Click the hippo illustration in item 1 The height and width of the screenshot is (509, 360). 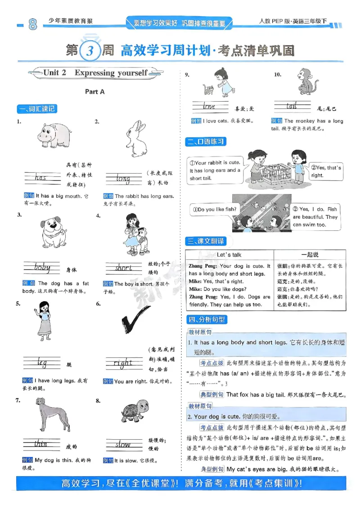[x=54, y=134]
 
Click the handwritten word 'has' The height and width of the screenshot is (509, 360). [x=40, y=178]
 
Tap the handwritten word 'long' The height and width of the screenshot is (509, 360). [x=123, y=179]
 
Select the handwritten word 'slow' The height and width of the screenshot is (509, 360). [x=123, y=445]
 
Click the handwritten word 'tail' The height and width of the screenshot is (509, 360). [x=292, y=107]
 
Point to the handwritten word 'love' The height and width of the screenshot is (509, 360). [x=209, y=107]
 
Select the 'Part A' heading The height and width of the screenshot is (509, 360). [x=94, y=91]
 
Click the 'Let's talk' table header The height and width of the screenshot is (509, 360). [x=229, y=254]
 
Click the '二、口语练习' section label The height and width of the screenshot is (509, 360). [x=206, y=142]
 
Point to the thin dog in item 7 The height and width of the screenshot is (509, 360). [x=54, y=414]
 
